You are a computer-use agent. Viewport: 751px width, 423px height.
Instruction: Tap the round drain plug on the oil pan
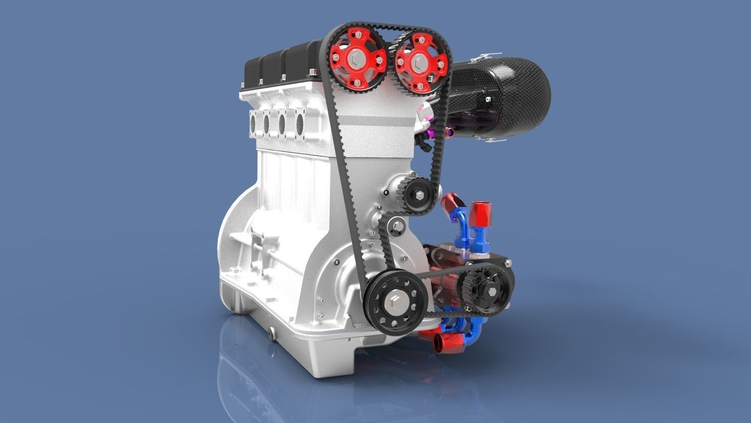coord(271,333)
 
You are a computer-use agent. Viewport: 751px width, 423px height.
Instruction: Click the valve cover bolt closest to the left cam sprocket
coord(311,72)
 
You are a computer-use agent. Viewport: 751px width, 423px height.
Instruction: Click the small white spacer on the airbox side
coord(489,100)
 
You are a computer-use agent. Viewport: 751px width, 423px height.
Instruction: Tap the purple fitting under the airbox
coord(450,133)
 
